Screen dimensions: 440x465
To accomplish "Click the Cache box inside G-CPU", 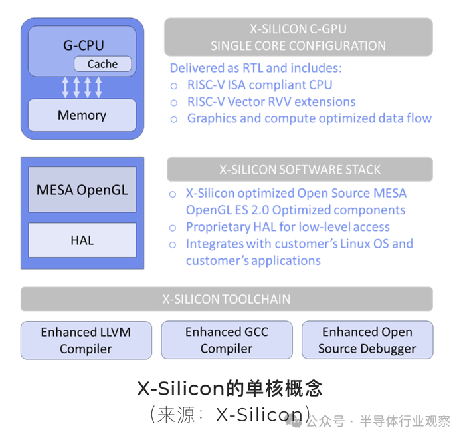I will (102, 65).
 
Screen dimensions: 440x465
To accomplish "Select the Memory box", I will (82, 115).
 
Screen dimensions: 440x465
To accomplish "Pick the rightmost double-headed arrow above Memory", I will (98, 87).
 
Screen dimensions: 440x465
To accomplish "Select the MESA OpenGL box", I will (82, 190).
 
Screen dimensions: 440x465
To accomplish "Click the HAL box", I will (82, 240).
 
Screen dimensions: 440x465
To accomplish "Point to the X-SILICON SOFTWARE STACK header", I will (300, 169).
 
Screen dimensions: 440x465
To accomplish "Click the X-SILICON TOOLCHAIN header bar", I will (227, 299).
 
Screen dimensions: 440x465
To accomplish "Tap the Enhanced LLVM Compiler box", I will (86, 340).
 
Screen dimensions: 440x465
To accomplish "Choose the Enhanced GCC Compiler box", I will (227, 340).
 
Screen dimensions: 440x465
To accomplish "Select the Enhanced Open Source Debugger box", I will (367, 340).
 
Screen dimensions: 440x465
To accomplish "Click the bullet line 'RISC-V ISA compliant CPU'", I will (259, 85).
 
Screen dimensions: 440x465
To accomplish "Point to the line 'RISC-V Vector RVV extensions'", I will (271, 102).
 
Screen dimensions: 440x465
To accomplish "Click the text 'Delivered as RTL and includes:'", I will (256, 68).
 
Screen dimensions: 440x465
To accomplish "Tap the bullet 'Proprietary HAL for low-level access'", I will (288, 227).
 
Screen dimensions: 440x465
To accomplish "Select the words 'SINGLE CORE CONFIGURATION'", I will (298, 46).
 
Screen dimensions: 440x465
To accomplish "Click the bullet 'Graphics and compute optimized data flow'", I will (309, 118).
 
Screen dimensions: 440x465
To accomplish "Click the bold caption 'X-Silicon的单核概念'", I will (229, 389).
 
